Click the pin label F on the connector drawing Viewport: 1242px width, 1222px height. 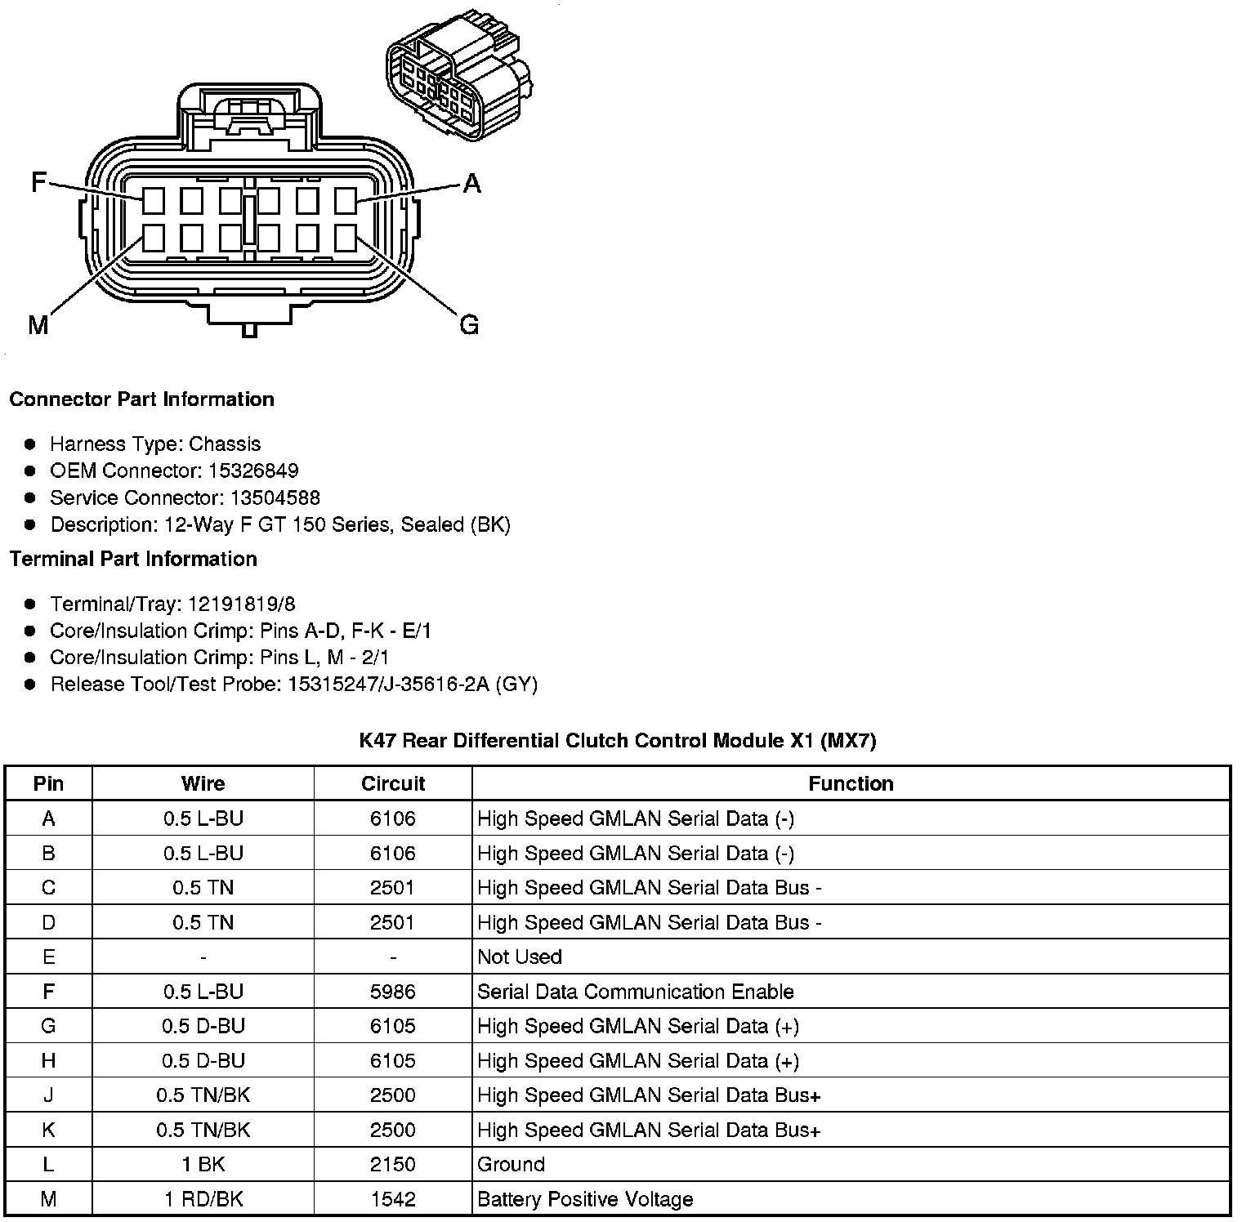(38, 181)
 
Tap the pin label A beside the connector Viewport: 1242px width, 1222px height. (471, 184)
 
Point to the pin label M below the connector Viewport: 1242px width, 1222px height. (38, 326)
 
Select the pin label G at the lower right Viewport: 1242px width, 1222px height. (469, 325)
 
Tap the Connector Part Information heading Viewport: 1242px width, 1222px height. (141, 399)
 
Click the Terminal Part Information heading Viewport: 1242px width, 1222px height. (133, 559)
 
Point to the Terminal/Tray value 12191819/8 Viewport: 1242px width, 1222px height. (242, 604)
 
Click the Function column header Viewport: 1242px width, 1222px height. (851, 783)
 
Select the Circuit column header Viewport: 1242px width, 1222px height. (393, 783)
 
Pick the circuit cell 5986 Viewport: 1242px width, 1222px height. (393, 992)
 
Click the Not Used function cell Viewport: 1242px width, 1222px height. (520, 957)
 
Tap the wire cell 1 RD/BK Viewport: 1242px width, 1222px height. (203, 1199)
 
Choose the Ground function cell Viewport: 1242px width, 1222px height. (511, 1164)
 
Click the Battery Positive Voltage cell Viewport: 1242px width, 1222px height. (585, 1199)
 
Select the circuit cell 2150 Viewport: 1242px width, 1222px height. (393, 1164)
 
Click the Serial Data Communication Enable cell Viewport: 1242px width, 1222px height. (635, 992)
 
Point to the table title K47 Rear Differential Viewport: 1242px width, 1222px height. (618, 741)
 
